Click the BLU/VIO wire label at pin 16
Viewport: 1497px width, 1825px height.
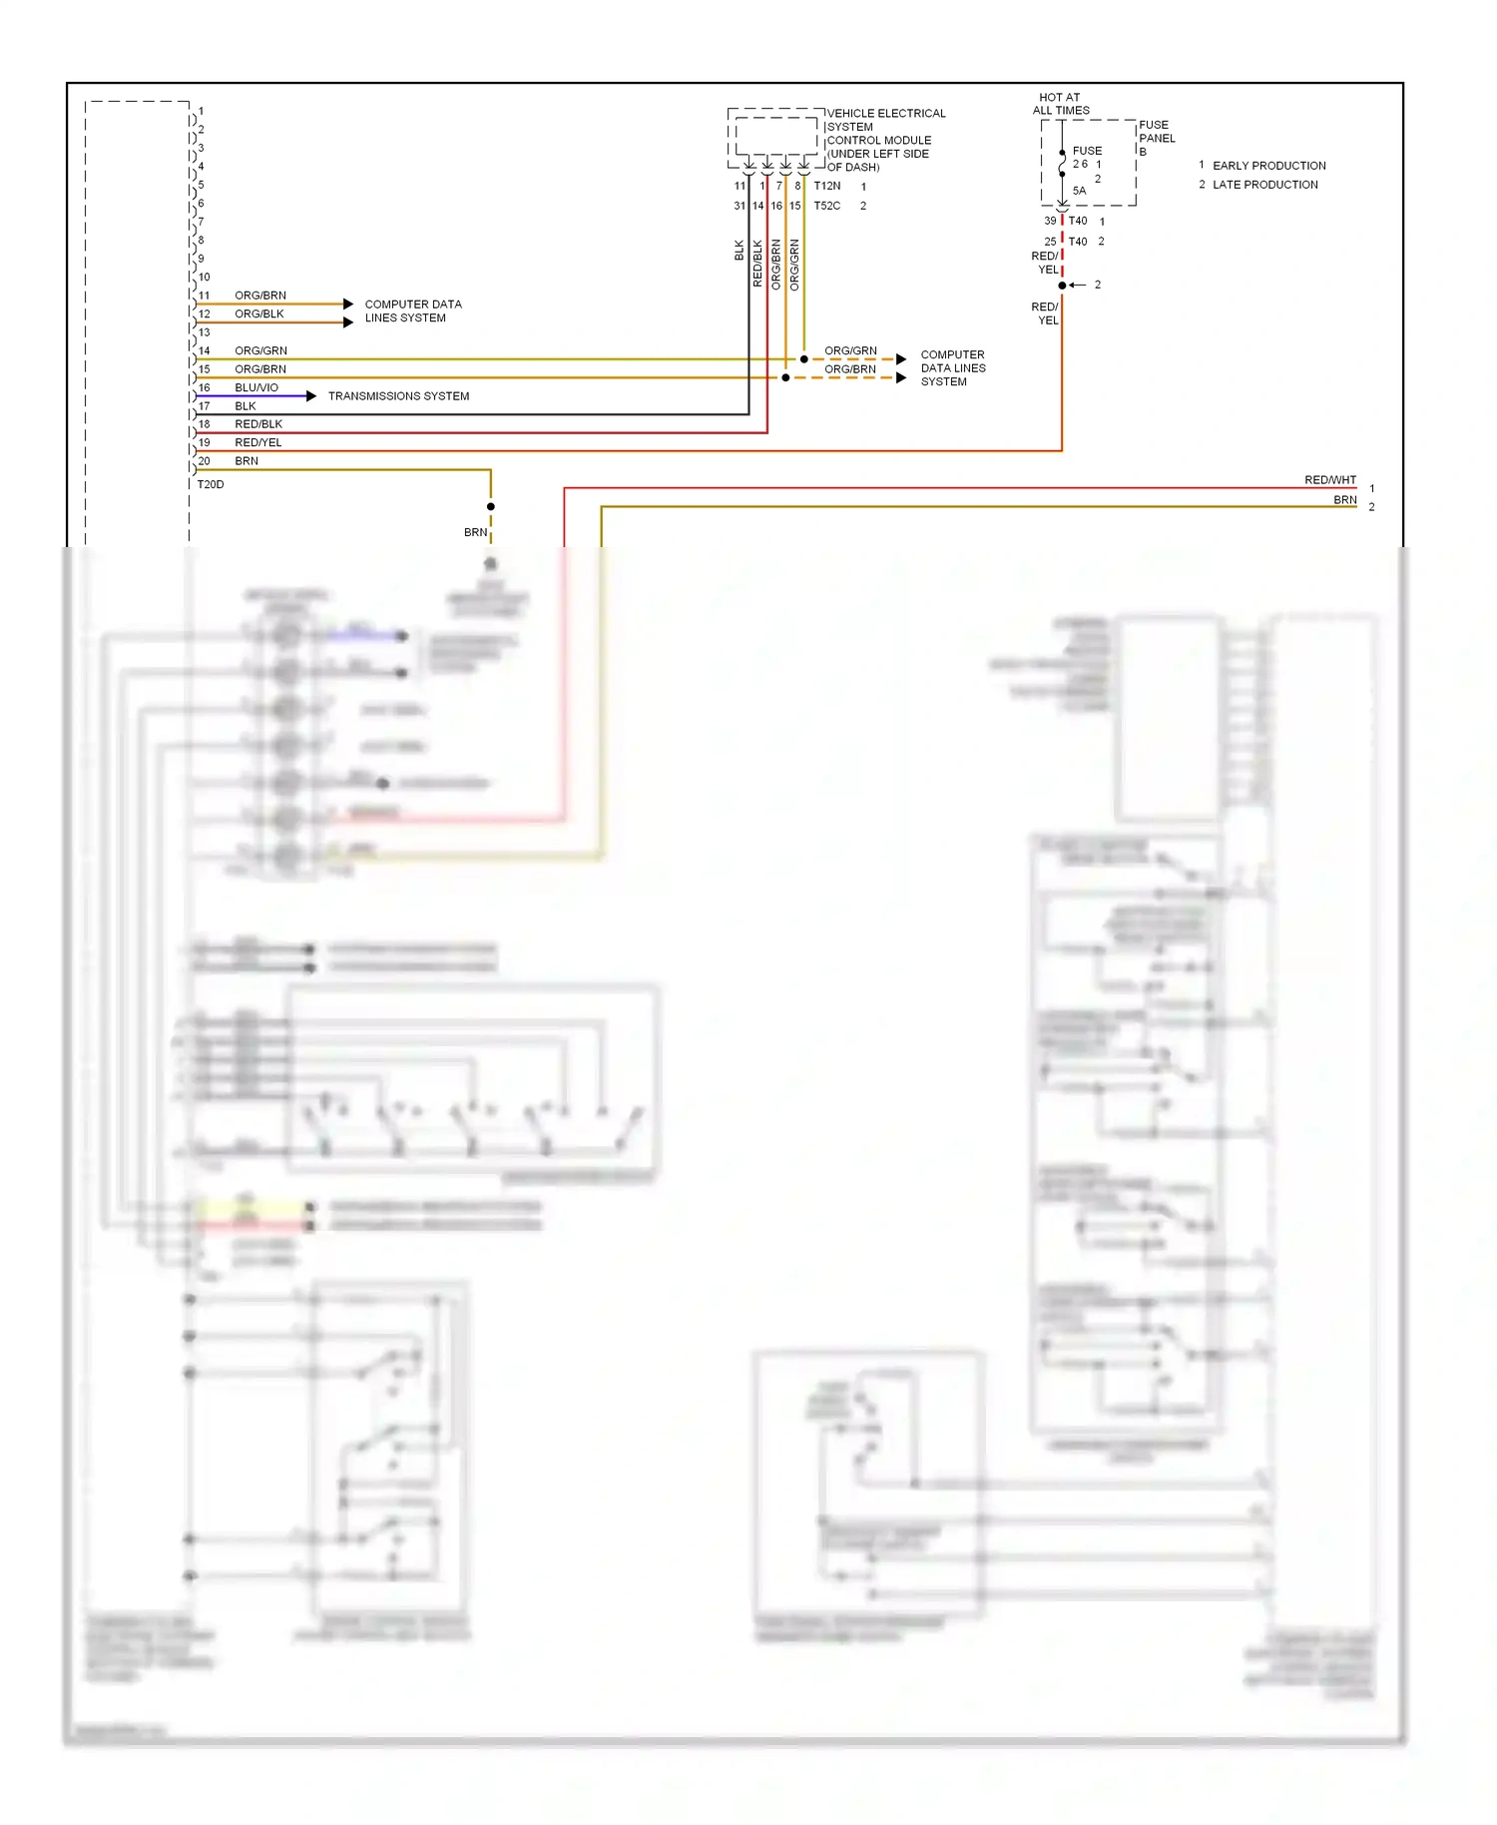256,387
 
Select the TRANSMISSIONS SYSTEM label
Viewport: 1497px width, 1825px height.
398,396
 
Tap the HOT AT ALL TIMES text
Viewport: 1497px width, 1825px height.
1060,104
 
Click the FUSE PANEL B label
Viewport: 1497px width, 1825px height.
1157,138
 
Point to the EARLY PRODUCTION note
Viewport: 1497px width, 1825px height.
1268,166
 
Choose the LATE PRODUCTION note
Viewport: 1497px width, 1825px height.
1264,185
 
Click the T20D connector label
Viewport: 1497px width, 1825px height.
211,484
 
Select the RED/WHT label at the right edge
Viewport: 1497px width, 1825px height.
1329,480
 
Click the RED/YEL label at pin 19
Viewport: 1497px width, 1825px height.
258,442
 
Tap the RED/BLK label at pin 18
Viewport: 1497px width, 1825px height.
258,424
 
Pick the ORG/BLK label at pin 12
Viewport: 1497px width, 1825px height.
259,313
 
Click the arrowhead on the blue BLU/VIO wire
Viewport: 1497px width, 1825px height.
311,396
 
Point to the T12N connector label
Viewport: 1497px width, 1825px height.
827,186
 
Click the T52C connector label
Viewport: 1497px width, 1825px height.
827,206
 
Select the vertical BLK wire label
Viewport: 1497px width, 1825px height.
740,250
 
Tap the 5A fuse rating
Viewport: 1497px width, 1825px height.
1079,191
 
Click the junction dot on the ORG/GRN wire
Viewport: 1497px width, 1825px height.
804,359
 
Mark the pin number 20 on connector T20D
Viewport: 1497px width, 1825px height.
205,461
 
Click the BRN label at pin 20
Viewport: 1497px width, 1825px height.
247,461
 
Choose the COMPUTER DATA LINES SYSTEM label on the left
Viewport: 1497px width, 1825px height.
412,310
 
